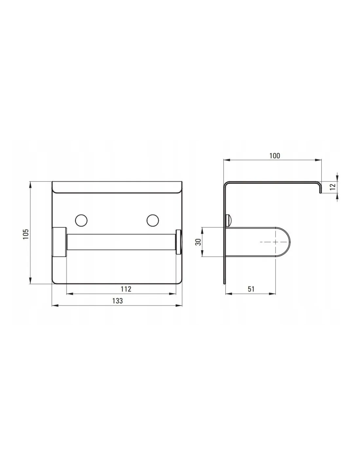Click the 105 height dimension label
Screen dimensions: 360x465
coord(26,234)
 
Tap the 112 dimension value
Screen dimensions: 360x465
coord(126,289)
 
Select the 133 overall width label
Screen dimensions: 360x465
coord(117,301)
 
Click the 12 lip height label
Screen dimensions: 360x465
coord(333,187)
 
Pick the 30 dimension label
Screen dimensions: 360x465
coord(199,242)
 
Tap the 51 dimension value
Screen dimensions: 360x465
coord(251,289)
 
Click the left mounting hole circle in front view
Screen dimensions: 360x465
coord(81,220)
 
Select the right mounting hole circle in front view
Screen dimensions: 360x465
coord(153,220)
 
